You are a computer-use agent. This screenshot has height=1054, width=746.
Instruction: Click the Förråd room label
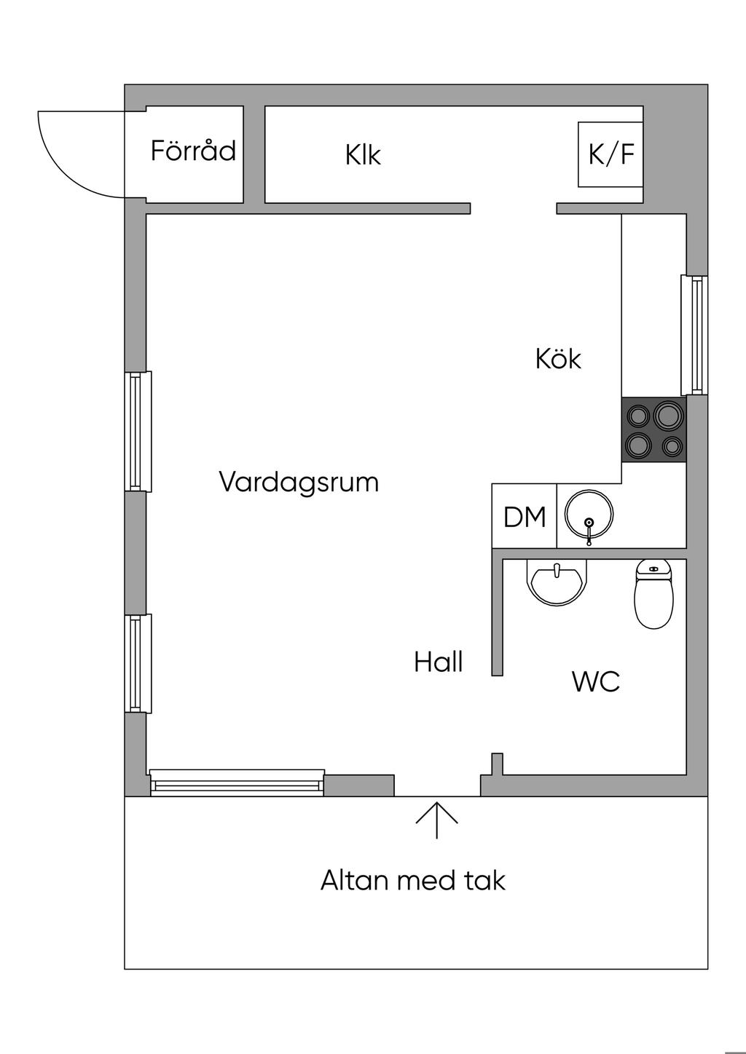193,151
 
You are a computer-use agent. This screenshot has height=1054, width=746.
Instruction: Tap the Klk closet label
363,155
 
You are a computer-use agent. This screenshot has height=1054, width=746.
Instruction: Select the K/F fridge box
610,154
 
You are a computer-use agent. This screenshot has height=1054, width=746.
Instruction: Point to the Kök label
558,359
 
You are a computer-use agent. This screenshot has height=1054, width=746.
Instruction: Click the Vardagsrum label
299,483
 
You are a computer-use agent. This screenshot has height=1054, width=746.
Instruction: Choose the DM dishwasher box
525,517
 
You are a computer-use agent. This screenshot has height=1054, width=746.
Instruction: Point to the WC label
596,682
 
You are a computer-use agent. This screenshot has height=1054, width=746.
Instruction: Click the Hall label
439,662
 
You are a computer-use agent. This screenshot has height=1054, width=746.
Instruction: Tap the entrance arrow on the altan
437,820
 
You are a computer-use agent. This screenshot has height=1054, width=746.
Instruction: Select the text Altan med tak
412,881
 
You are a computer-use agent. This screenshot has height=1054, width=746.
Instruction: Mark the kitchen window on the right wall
695,335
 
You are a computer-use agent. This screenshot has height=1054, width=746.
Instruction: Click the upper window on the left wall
137,431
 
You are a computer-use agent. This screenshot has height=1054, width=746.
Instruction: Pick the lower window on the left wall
137,663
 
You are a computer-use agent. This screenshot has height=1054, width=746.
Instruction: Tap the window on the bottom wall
237,782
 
